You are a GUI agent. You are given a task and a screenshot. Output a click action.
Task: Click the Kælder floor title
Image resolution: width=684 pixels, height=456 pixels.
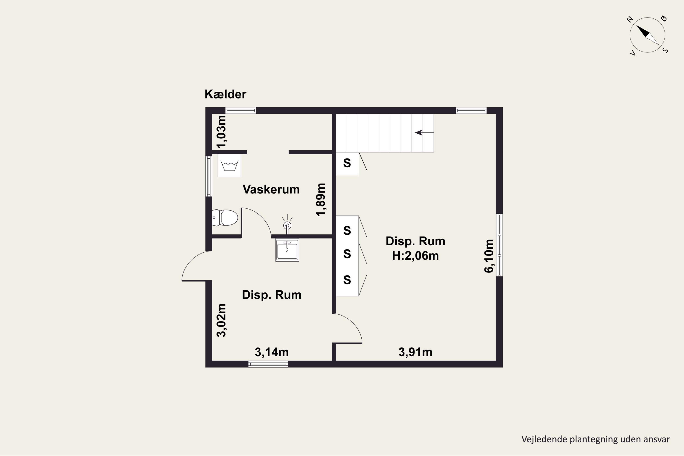225,94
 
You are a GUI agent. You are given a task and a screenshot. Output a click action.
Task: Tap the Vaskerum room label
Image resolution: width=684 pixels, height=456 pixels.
271,189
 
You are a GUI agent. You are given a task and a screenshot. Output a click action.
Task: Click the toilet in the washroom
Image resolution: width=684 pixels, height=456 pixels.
225,218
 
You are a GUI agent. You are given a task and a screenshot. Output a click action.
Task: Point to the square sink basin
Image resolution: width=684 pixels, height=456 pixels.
287,250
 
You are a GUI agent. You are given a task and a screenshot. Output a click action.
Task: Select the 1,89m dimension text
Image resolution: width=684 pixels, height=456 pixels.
321,200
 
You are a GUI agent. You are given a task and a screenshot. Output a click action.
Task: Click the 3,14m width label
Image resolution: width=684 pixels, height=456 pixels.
272,352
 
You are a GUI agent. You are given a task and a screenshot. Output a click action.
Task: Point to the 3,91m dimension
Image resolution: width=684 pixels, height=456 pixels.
415,352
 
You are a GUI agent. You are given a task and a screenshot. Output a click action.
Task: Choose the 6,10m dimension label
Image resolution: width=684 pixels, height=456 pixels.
489,256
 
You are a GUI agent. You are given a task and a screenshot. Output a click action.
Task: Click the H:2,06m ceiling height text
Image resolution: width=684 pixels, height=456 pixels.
415,256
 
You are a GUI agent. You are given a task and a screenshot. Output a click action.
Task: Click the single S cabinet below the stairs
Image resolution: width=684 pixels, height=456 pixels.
347,163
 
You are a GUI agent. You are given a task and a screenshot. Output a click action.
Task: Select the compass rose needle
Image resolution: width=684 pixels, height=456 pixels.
647,35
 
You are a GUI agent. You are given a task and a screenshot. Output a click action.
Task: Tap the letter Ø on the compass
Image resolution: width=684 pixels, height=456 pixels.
664,19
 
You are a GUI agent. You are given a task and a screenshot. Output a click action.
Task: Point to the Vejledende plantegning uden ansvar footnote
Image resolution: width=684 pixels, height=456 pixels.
596,439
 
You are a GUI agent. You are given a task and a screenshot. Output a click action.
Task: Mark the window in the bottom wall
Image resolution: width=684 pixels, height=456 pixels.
268,364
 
